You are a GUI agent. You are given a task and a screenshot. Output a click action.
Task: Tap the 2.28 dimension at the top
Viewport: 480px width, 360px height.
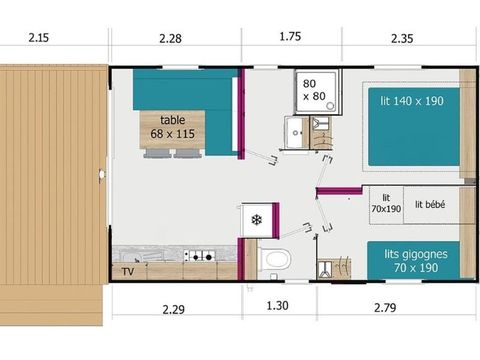pyautogui.click(x=171, y=38)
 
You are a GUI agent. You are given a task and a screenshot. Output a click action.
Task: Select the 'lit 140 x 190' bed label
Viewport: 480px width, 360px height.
pyautogui.click(x=412, y=101)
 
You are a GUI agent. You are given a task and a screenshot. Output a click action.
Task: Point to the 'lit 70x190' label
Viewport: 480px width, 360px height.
pyautogui.click(x=385, y=203)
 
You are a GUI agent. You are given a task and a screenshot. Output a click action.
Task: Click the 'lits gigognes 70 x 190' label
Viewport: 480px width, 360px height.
pyautogui.click(x=415, y=261)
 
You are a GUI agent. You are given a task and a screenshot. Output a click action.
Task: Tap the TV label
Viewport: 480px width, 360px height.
pyautogui.click(x=128, y=270)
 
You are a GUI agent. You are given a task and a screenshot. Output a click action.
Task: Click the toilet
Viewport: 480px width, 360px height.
pyautogui.click(x=273, y=259)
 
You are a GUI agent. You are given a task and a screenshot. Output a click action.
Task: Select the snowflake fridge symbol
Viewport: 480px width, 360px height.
pyautogui.click(x=256, y=219)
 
